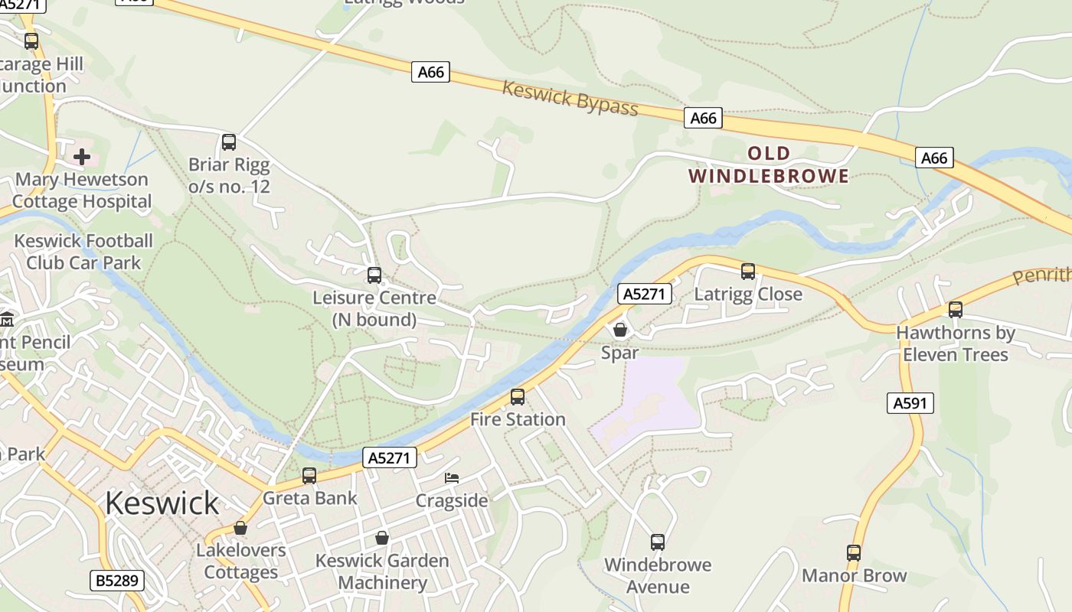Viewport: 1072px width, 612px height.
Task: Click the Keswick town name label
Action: (x=162, y=503)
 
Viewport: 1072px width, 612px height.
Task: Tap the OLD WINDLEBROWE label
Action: (x=768, y=164)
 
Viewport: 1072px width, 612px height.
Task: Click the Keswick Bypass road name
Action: (x=570, y=98)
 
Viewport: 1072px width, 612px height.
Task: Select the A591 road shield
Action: (x=910, y=402)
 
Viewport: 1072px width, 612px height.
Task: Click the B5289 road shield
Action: (x=117, y=581)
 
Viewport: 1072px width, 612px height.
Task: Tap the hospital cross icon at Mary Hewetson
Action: (x=82, y=158)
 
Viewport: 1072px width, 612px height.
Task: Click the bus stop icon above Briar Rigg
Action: (x=229, y=142)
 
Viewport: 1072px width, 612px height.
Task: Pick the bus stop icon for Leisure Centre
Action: (x=374, y=275)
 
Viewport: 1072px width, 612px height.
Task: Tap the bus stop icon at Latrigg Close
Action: (x=748, y=271)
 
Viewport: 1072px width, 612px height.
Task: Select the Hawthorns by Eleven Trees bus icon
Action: (x=956, y=310)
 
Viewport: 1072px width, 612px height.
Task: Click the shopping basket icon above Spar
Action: (x=620, y=330)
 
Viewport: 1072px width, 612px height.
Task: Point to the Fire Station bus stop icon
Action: (x=518, y=396)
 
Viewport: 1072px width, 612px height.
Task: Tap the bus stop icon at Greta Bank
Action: (x=309, y=475)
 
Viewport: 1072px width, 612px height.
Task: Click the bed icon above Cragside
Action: (x=452, y=478)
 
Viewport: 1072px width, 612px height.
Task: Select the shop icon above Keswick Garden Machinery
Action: (x=382, y=538)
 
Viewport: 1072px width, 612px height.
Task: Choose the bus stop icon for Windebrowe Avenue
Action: (x=658, y=542)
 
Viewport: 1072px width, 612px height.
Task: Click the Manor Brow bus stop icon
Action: (x=854, y=552)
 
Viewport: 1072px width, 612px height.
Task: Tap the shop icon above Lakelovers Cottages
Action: (x=240, y=528)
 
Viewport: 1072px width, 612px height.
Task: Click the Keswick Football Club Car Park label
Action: (x=83, y=252)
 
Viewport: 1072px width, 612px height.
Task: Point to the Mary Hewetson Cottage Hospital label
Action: (x=82, y=190)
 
